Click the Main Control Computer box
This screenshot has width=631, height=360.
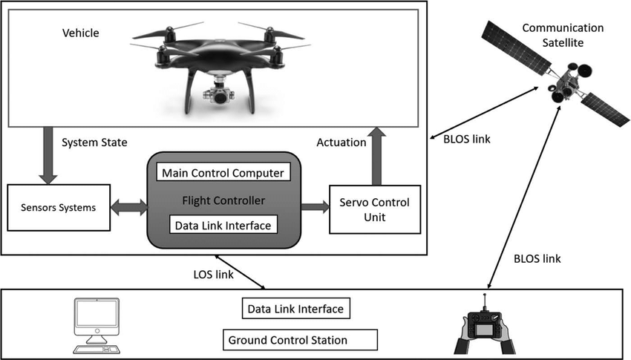pos(223,173)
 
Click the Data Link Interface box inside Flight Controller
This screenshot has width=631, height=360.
pos(223,223)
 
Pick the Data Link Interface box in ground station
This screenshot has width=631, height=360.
pos(295,308)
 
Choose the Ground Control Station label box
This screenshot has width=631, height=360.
pos(299,341)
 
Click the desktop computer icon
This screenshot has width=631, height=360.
pos(97,325)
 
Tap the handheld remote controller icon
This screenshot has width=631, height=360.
pos(486,327)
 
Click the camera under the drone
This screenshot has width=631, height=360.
pos(220,95)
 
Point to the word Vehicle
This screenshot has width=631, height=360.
pos(81,33)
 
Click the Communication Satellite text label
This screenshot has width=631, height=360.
pos(563,35)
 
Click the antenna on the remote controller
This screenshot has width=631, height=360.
pos(485,301)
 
